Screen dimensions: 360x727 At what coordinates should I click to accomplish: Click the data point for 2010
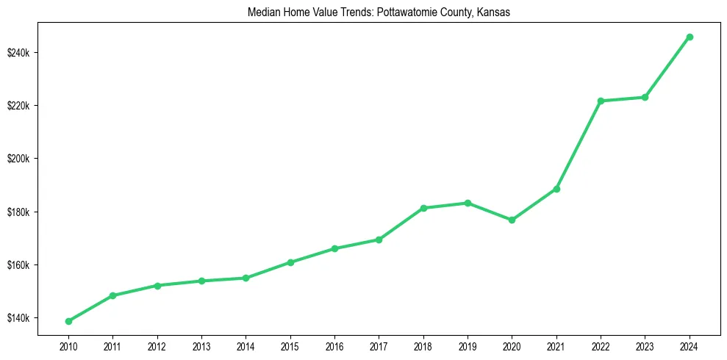point(68,321)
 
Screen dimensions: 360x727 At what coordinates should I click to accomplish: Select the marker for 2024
point(690,37)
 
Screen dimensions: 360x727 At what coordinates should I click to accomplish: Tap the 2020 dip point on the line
point(512,220)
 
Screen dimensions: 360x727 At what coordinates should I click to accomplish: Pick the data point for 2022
point(601,101)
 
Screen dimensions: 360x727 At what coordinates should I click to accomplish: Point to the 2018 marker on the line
point(423,208)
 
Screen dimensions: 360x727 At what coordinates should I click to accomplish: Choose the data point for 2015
point(290,262)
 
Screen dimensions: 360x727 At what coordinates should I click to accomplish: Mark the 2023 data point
point(645,97)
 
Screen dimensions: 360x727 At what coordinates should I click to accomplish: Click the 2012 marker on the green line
point(157,285)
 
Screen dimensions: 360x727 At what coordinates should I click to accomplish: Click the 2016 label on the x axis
point(334,345)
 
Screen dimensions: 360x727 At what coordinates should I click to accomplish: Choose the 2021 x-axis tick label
point(556,345)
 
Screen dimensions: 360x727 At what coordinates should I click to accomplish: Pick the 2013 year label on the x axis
point(201,345)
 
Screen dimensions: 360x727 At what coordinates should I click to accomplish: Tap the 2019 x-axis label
point(468,345)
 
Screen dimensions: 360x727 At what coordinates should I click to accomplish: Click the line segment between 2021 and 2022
point(579,145)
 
